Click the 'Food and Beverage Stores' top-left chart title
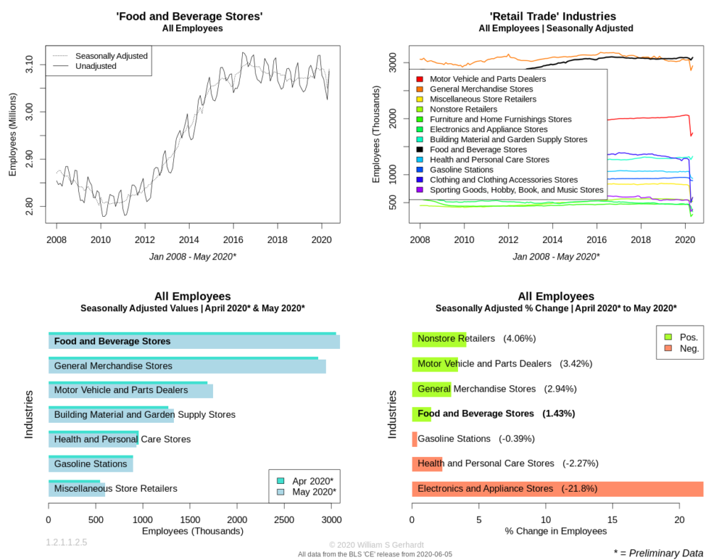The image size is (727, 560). (189, 16)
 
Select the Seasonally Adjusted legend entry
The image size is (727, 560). (100, 55)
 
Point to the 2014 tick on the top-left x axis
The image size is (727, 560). (189, 239)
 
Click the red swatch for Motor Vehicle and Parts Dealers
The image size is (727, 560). (420, 79)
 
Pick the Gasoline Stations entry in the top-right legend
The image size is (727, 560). (461, 170)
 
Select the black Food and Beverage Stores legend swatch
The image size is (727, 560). (420, 149)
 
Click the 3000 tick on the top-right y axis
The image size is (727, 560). (393, 62)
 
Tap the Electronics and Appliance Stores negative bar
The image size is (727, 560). (557, 489)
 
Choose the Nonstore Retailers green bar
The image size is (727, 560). (439, 339)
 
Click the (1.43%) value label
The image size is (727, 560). (558, 414)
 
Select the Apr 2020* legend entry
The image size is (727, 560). (305, 481)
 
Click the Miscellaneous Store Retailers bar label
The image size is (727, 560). (116, 488)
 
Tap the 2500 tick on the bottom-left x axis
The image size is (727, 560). (284, 519)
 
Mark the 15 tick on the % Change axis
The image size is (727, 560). (613, 519)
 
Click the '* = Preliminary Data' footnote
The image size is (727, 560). (658, 553)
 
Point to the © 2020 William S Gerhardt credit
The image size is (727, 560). (376, 544)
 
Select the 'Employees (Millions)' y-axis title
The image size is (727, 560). (13, 134)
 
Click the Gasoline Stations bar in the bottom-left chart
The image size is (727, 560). (91, 464)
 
